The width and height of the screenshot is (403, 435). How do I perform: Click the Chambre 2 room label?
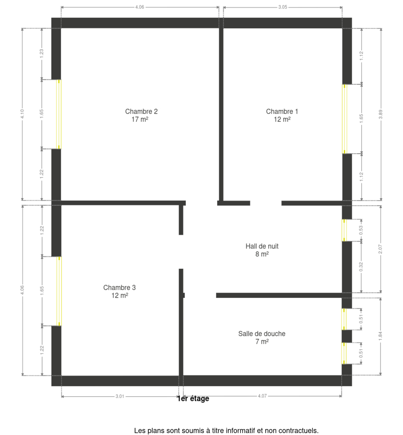[141, 115]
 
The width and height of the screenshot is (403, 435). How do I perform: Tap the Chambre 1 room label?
[282, 115]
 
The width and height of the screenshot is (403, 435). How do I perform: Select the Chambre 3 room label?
[119, 291]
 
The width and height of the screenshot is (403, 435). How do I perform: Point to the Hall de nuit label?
[262, 250]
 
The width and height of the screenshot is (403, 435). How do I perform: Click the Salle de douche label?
[262, 337]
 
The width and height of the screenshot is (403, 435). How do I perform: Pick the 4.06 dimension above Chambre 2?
[140, 7]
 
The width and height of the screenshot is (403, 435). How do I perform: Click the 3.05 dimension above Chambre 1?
[282, 7]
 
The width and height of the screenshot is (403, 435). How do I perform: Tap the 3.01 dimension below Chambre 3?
[120, 396]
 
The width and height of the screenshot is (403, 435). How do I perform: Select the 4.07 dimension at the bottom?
[262, 396]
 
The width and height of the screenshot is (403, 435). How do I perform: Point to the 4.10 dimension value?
[22, 114]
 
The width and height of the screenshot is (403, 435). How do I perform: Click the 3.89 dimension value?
[381, 114]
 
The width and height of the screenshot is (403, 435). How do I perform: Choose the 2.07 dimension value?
[380, 249]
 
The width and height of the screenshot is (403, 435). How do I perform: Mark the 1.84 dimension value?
[380, 336]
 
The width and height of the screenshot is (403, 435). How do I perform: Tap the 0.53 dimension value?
[361, 230]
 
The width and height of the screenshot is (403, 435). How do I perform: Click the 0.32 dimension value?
[361, 266]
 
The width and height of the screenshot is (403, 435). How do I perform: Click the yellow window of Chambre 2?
[59, 114]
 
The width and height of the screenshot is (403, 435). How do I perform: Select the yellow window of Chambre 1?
[344, 119]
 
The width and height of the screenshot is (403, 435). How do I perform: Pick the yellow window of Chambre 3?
[59, 291]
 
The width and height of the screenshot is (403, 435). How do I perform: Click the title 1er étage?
[193, 398]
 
